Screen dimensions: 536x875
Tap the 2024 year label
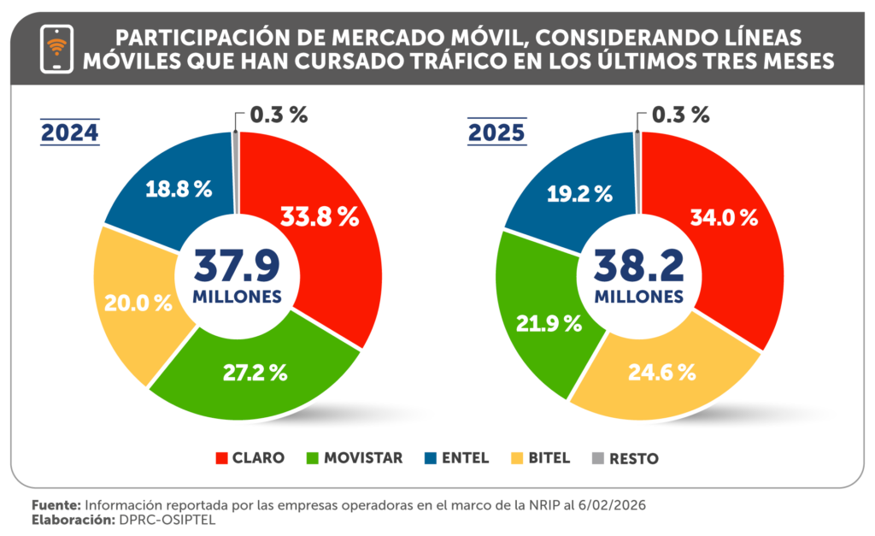[x=70, y=133]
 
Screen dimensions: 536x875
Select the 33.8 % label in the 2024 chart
[x=320, y=217]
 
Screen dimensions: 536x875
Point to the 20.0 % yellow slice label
[x=138, y=302]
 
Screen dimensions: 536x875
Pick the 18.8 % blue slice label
[x=178, y=189]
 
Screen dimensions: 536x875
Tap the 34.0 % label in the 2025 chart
[x=725, y=217]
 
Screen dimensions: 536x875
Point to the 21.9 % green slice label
[x=549, y=323]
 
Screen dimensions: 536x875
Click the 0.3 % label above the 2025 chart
[x=680, y=114]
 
